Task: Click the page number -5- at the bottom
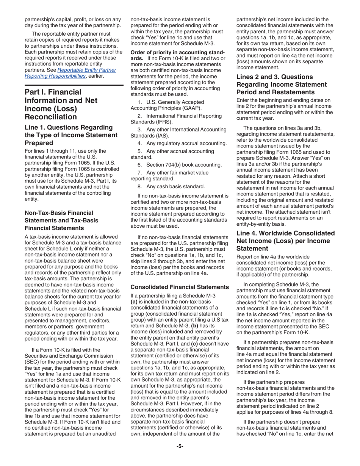[180, 446]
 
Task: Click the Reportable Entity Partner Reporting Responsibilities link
[70, 73]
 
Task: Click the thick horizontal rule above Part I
[74, 85]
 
